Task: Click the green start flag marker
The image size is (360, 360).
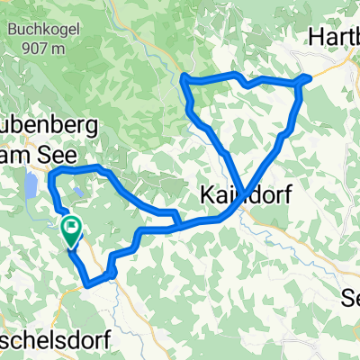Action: pyautogui.click(x=71, y=232)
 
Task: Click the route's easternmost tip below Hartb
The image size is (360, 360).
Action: pyautogui.click(x=309, y=77)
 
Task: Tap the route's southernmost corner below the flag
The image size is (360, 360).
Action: pyautogui.click(x=89, y=286)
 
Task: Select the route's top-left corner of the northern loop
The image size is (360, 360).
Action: pyautogui.click(x=184, y=79)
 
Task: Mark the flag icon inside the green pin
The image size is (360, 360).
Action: pyautogui.click(x=71, y=228)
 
